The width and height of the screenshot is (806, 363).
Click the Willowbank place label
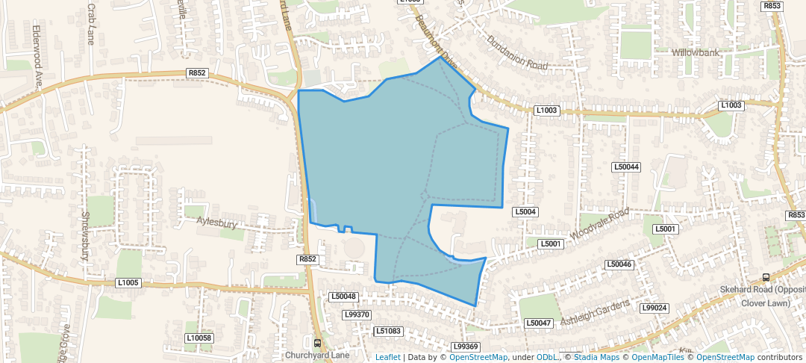coord(695,53)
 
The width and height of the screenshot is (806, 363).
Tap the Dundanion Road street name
coord(516,53)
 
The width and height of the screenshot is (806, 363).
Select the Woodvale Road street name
coord(599,225)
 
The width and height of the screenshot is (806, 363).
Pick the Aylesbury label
coord(216,222)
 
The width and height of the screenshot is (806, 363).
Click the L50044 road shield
coord(626,167)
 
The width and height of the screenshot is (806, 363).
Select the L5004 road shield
coord(525,212)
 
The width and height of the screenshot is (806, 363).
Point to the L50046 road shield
coord(619,264)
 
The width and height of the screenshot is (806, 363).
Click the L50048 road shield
coord(343,297)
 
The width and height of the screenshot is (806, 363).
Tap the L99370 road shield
coord(357,315)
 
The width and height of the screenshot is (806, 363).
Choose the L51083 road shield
coord(388,331)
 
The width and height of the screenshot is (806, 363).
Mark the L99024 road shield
coord(655,308)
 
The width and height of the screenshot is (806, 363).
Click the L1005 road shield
coord(128,282)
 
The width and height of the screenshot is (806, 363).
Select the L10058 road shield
coord(199,338)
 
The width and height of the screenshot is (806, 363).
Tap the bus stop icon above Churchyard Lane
coord(318,344)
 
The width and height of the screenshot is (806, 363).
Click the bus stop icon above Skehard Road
coord(766,277)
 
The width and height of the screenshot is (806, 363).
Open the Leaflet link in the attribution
coord(387,358)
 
